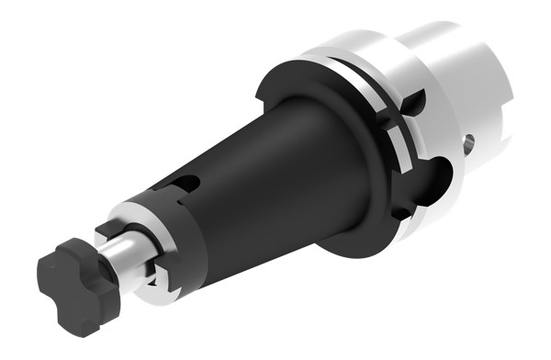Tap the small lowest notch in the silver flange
pyautogui.click(x=400, y=213)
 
